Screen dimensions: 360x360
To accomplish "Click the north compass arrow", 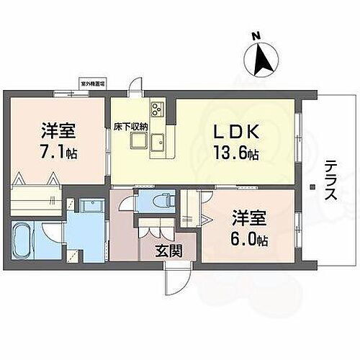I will pyautogui.click(x=264, y=58).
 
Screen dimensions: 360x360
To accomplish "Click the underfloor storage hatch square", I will pyautogui.click(x=138, y=140).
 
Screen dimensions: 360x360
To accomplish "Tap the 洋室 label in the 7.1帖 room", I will pyautogui.click(x=58, y=132).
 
